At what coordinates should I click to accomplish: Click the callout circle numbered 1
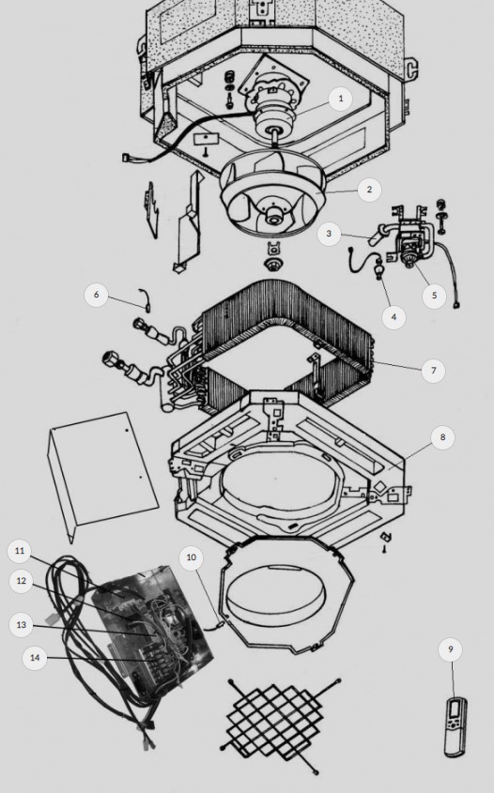pos(340,99)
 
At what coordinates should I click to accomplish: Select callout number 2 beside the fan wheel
pos(369,190)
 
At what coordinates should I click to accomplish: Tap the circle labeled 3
pos(329,233)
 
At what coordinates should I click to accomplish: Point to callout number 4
pos(394,317)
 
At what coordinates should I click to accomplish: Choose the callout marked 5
pos(434,295)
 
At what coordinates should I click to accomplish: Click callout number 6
pos(96,295)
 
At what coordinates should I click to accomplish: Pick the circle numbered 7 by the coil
pos(433,370)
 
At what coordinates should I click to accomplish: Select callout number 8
pos(442,437)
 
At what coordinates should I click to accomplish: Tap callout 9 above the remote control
pos(451,648)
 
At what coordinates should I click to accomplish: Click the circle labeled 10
pos(192,557)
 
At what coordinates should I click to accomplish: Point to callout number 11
pos(19,550)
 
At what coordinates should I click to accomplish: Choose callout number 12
pos(22,581)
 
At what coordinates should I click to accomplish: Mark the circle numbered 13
pos(22,625)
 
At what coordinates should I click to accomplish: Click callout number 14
pos(35,658)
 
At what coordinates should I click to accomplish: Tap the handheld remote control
pos(455,726)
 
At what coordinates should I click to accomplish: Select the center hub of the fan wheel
pos(275,219)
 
